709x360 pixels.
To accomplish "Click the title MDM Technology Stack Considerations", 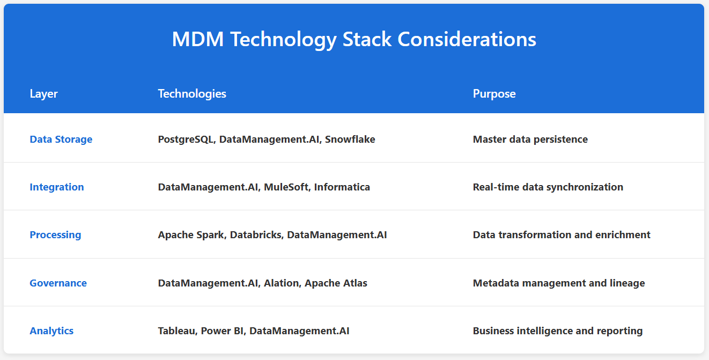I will click(354, 40).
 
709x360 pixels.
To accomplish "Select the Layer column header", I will click(43, 94).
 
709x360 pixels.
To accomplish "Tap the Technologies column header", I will click(192, 94).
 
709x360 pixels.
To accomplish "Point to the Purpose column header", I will click(494, 94).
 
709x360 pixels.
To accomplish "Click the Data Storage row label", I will click(61, 139).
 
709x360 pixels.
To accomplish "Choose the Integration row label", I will click(56, 187).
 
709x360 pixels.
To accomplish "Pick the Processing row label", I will click(55, 235).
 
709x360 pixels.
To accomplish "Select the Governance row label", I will click(58, 283).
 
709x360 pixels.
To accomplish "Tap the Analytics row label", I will click(51, 331).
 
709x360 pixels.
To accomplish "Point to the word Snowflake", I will click(350, 139).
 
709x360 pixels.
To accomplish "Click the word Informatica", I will click(342, 187).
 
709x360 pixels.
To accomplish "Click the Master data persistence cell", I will click(530, 139).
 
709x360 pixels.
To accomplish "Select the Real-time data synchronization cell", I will click(548, 187).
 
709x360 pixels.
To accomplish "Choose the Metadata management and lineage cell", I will click(558, 283).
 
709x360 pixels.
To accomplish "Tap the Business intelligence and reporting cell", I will click(557, 331).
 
